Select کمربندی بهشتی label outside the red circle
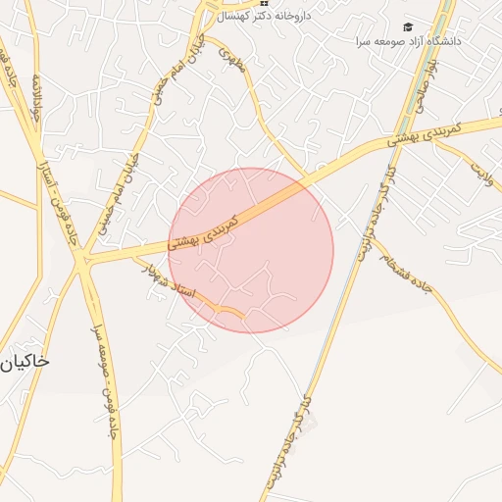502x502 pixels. coord(429,133)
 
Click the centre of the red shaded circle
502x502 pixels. coord(251,250)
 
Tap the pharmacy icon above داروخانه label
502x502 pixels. coord(264,5)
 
